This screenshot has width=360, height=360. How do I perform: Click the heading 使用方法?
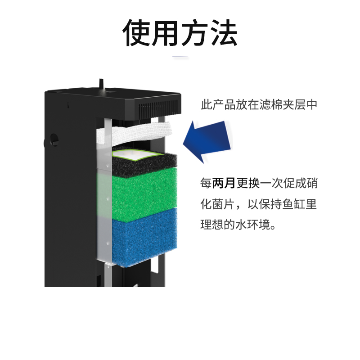pyautogui.click(x=180, y=33)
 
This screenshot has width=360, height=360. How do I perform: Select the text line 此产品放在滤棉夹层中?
pyautogui.click(x=259, y=105)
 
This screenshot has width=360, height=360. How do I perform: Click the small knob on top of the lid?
pyautogui.click(x=100, y=84)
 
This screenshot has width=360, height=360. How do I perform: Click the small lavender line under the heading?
pyautogui.click(x=180, y=57)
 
